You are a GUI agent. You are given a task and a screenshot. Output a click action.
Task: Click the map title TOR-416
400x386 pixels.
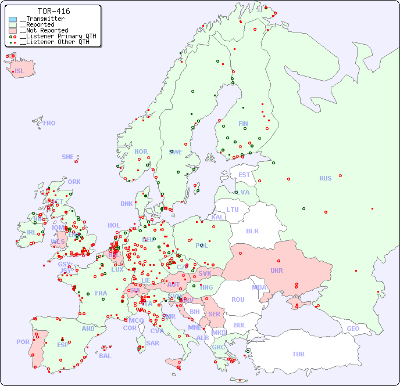click(x=53, y=11)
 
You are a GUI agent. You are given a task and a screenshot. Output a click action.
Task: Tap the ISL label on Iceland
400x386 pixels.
click(x=20, y=71)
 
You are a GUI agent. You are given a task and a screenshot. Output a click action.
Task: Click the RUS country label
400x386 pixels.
click(x=325, y=178)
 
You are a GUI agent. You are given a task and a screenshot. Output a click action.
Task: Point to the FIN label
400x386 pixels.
click(x=243, y=124)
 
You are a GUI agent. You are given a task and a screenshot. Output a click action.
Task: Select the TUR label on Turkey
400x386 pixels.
click(x=298, y=354)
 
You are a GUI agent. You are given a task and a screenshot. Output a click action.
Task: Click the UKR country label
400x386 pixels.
click(x=277, y=270)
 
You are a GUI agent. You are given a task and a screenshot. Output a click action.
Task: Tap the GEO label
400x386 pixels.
click(x=353, y=329)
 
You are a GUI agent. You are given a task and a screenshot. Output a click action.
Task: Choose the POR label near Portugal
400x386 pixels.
click(x=23, y=342)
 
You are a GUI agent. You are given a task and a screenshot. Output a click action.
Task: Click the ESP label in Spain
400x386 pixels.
click(x=63, y=345)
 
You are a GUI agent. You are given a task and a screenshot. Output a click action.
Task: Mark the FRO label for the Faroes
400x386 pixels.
click(x=49, y=123)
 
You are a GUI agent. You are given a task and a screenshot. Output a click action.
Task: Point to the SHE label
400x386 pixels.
click(x=68, y=157)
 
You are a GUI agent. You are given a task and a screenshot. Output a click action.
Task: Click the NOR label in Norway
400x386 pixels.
click(x=141, y=151)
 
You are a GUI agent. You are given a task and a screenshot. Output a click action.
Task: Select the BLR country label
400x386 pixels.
click(x=252, y=230)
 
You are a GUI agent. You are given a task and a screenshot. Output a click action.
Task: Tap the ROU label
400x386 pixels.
click(x=238, y=300)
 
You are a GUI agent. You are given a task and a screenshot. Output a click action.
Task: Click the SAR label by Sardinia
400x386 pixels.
click(x=152, y=343)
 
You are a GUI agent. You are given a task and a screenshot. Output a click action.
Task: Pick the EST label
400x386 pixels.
click(x=244, y=175)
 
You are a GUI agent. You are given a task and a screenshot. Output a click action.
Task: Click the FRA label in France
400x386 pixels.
click(x=101, y=293)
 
